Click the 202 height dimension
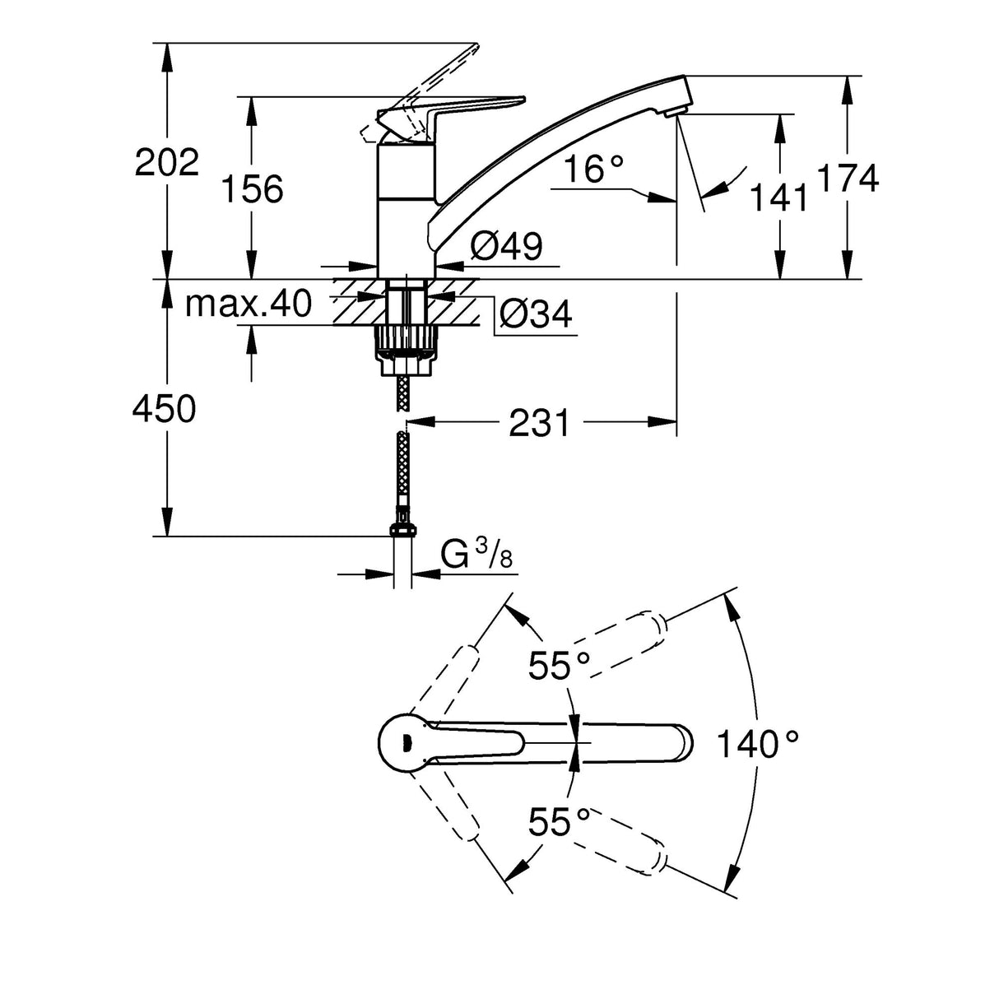[167, 163]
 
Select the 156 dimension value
[253, 189]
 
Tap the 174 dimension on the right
[848, 178]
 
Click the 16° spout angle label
[594, 170]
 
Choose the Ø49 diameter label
[506, 246]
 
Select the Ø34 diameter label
[536, 314]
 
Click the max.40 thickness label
[249, 304]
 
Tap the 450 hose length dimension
[165, 409]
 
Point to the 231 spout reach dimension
[539, 423]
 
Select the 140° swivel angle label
[758, 745]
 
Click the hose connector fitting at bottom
[402, 526]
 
